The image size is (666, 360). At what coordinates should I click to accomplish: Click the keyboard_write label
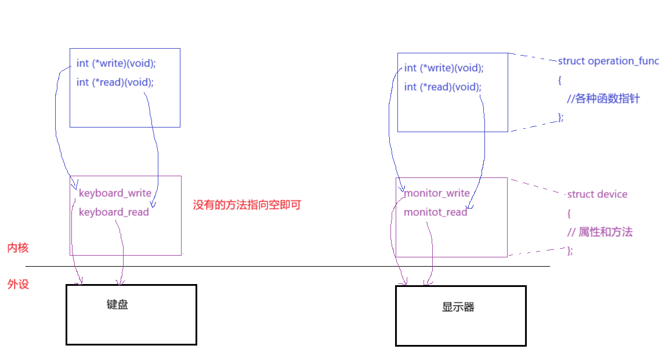(x=115, y=193)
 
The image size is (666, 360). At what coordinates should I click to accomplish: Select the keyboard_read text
(x=114, y=212)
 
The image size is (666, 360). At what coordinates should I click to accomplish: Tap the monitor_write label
(x=437, y=193)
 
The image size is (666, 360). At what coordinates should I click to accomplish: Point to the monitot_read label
(x=435, y=212)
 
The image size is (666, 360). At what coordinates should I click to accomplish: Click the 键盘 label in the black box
(x=117, y=304)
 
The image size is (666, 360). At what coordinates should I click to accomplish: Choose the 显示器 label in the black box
(x=458, y=307)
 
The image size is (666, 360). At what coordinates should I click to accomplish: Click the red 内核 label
(x=17, y=248)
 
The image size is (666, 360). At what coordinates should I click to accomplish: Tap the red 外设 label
(x=17, y=285)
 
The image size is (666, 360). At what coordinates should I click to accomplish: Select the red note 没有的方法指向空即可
(x=247, y=205)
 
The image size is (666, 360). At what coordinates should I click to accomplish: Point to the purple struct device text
(x=597, y=194)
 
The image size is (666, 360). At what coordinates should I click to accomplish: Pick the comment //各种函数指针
(x=603, y=99)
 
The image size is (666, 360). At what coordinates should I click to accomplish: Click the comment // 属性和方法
(x=600, y=232)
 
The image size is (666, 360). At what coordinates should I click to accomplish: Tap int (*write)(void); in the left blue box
(x=116, y=63)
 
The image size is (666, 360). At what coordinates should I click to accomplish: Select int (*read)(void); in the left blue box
(x=115, y=82)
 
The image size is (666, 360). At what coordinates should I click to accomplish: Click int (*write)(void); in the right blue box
(x=444, y=68)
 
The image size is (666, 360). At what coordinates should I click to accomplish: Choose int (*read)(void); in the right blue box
(x=443, y=87)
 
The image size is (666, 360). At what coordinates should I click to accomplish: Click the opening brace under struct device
(x=569, y=213)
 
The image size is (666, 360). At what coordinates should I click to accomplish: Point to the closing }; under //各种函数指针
(x=560, y=118)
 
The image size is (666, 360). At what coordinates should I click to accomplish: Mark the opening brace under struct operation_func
(x=560, y=80)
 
